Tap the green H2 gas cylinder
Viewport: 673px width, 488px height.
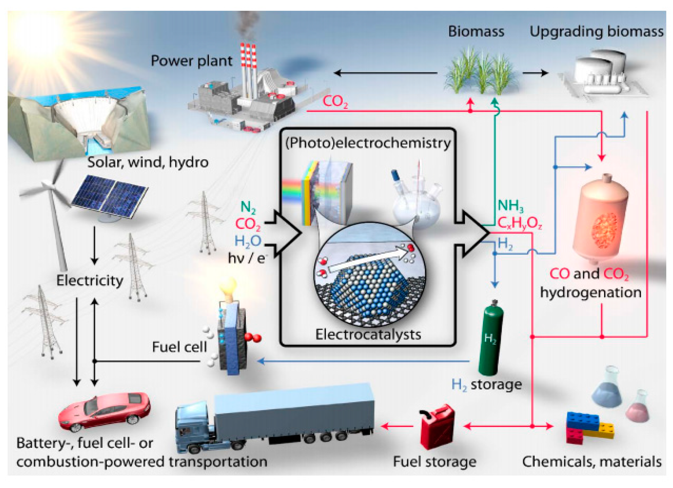tap(490, 340)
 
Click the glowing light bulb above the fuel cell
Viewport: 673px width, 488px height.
tap(228, 288)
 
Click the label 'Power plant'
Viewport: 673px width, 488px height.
tap(191, 61)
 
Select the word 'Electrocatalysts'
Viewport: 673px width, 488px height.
tap(368, 334)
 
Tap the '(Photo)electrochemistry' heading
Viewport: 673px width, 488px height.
tap(368, 143)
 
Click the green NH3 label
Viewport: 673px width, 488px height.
tap(510, 206)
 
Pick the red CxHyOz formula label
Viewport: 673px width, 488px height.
tap(520, 223)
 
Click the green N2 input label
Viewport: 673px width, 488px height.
tap(248, 207)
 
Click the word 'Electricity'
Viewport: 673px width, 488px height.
tap(90, 280)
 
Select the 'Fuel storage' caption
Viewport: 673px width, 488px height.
tap(434, 462)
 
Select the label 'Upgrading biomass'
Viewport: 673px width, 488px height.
tap(596, 32)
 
